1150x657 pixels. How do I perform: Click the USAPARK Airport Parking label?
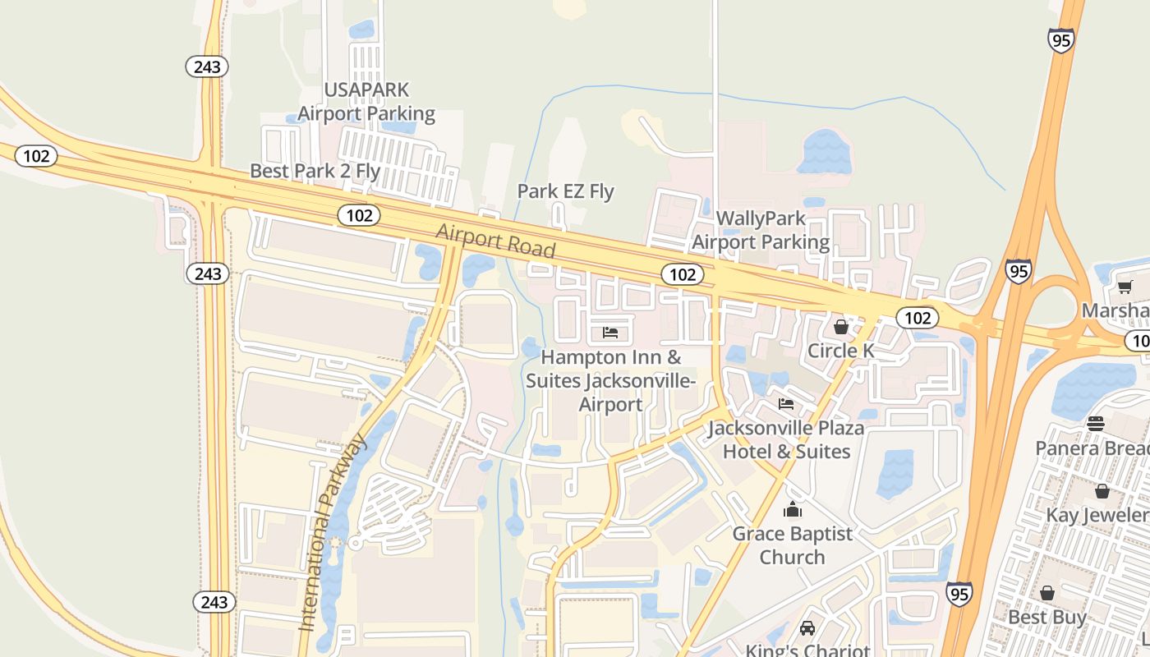(366, 101)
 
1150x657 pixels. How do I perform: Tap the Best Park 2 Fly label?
(315, 171)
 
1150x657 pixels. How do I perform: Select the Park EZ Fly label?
(565, 191)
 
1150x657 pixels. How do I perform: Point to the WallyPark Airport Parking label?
(761, 230)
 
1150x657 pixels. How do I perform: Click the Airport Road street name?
(495, 241)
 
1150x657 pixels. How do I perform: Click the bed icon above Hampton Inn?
(610, 333)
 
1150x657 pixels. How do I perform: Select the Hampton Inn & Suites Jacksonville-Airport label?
(610, 381)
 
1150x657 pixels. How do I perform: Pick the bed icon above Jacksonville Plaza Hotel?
(786, 404)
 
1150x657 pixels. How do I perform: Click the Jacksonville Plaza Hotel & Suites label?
(786, 440)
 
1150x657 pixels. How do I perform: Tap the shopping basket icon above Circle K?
(841, 327)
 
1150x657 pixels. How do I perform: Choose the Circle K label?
(841, 351)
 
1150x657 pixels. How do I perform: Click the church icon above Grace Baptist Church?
(792, 510)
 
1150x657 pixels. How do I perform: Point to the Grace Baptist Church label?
(792, 545)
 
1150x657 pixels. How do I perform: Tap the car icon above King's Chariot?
(807, 628)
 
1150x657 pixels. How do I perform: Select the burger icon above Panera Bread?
(1096, 424)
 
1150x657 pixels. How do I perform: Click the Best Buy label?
(1046, 617)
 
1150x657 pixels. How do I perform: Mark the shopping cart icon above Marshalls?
(1125, 287)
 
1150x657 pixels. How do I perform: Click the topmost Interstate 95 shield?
(1061, 39)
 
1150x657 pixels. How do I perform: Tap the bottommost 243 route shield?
(214, 602)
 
